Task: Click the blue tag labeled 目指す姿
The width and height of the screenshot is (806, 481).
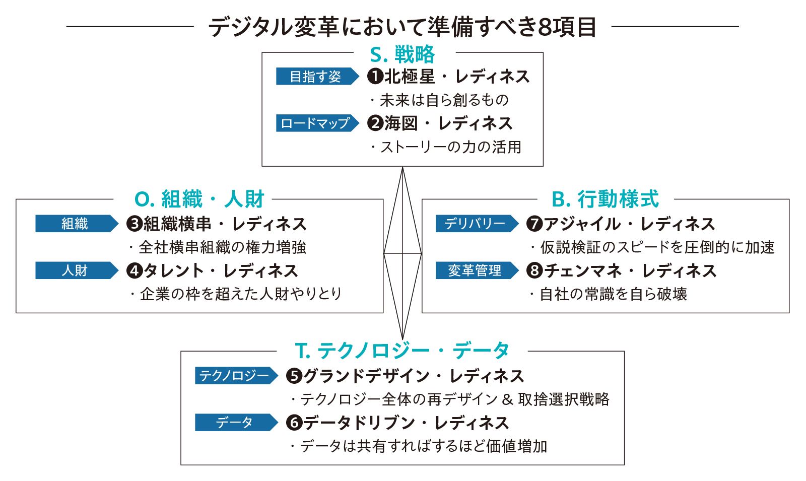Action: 317,76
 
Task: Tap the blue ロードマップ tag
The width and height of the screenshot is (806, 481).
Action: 317,123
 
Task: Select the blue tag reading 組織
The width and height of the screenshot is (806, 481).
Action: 77,224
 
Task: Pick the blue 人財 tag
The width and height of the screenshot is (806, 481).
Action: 77,270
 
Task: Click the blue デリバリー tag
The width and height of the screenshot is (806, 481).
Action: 477,224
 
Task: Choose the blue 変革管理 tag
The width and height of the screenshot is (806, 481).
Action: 477,270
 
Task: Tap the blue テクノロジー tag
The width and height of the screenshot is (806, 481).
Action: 236,376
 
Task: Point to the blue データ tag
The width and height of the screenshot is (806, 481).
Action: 236,423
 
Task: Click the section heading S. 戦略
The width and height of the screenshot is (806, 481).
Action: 402,54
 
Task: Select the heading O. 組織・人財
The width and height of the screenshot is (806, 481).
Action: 199,199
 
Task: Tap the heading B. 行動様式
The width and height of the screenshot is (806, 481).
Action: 605,199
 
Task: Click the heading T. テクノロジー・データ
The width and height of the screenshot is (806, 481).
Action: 402,351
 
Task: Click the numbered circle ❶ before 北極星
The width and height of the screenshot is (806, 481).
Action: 375,76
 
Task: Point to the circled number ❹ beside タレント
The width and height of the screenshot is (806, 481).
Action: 135,270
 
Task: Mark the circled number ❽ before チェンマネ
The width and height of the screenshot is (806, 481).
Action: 534,270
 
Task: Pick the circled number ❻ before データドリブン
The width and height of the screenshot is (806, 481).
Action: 294,423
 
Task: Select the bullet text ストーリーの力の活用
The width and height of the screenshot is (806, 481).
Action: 451,147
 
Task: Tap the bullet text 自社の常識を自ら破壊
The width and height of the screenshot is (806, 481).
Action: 613,294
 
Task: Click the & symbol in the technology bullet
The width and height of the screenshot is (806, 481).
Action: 507,400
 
